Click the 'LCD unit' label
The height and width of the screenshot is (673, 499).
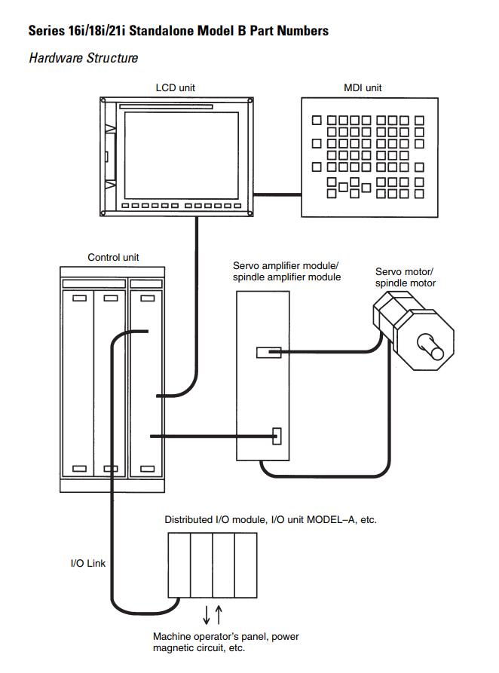[x=175, y=87]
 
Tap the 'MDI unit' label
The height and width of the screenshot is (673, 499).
[x=363, y=87]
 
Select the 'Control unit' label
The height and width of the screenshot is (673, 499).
[x=113, y=257]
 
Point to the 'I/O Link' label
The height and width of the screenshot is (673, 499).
[x=88, y=563]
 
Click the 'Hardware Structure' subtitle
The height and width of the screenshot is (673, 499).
[x=84, y=58]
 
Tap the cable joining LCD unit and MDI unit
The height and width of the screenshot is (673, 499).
[x=277, y=195]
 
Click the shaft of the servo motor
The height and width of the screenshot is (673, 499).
[x=430, y=347]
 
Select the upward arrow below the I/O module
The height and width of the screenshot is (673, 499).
[x=219, y=615]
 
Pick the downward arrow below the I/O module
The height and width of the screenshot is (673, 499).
[x=207, y=615]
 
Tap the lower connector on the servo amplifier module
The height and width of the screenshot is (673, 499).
[x=277, y=436]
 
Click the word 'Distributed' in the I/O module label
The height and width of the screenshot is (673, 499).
[x=188, y=520]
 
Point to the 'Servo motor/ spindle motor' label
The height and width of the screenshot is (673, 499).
[x=405, y=277]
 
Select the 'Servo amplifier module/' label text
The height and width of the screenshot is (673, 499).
[x=286, y=266]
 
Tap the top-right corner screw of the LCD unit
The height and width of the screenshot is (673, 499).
[x=250, y=100]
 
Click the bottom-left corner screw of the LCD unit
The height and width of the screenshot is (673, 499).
[x=103, y=213]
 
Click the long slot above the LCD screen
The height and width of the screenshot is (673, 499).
[x=166, y=106]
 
